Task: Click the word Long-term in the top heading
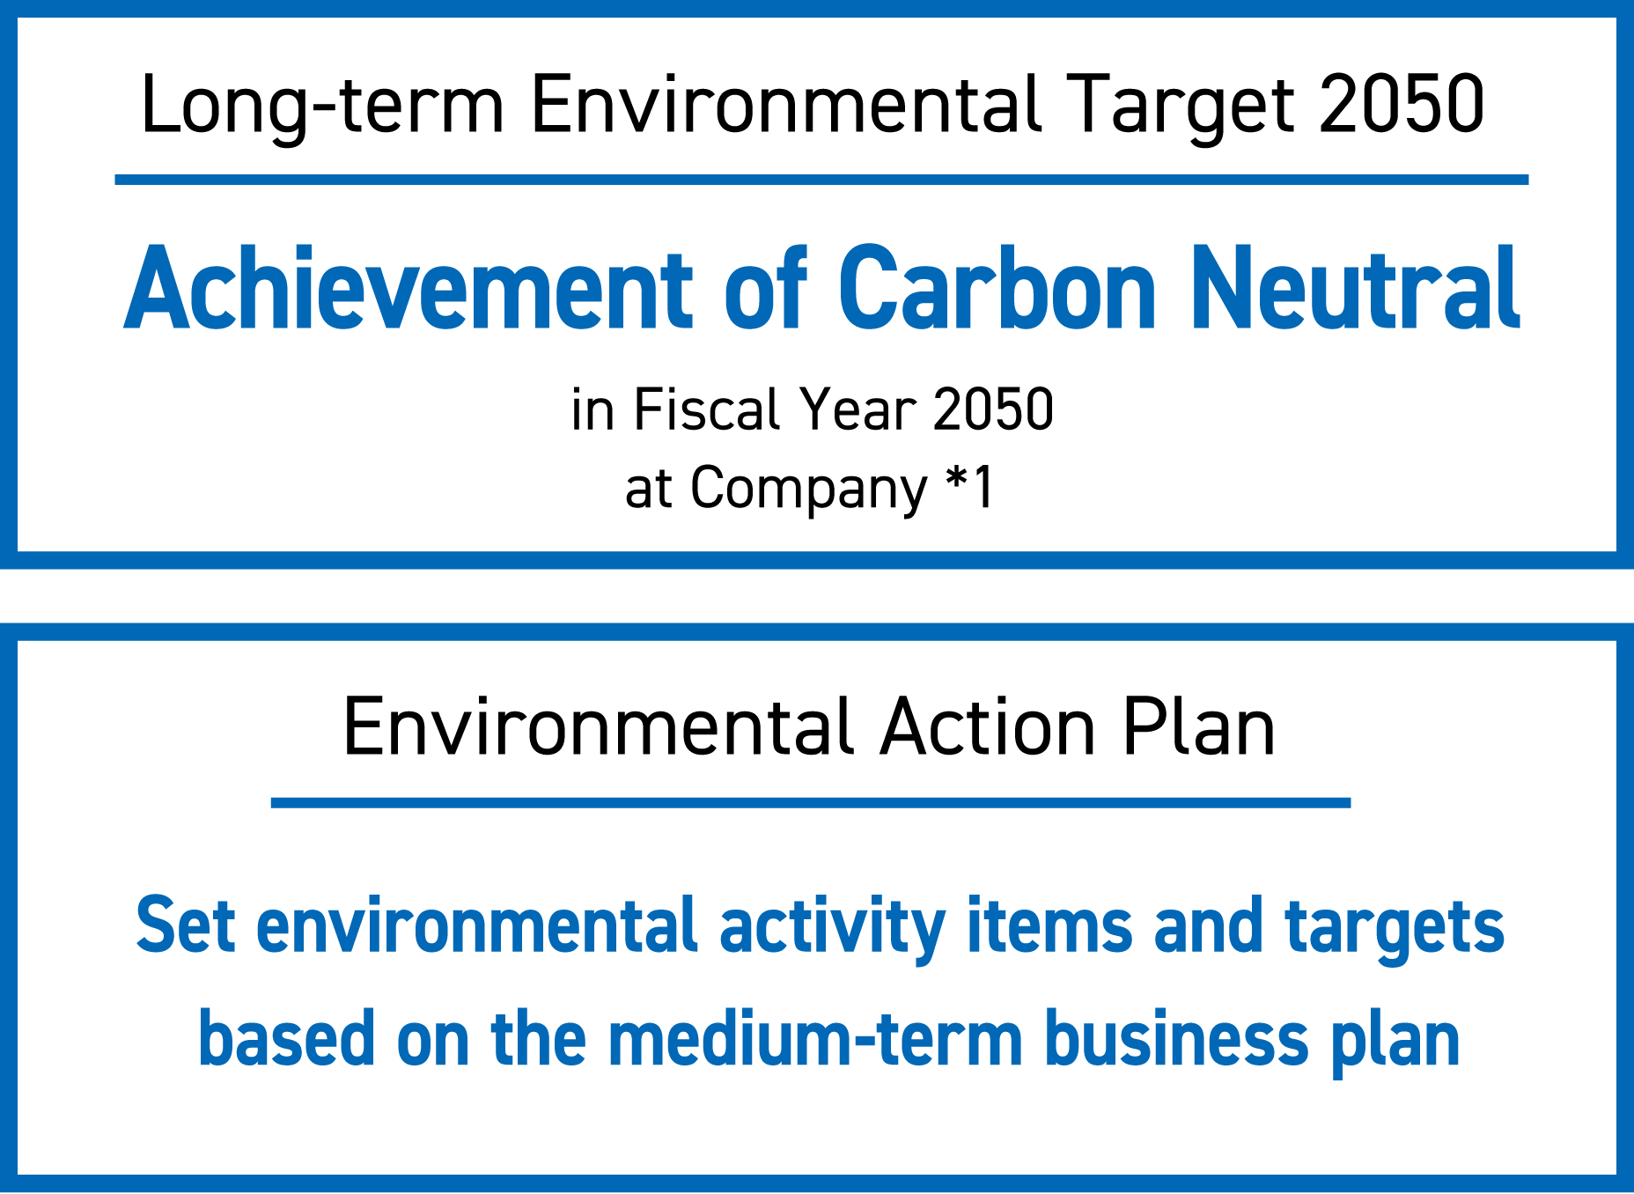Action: pyautogui.click(x=322, y=106)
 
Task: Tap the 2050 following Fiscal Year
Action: pyautogui.click(x=993, y=409)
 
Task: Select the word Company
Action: pyautogui.click(x=808, y=489)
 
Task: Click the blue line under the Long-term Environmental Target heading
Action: pyautogui.click(x=821, y=180)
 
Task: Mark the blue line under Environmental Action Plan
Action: pyautogui.click(x=810, y=802)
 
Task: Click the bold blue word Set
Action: pyautogui.click(x=186, y=925)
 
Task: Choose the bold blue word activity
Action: pyautogui.click(x=832, y=927)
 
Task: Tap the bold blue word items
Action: pyautogui.click(x=1049, y=925)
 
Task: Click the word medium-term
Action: pyautogui.click(x=815, y=1040)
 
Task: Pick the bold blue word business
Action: pyautogui.click(x=1176, y=1040)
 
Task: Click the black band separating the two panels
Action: pyautogui.click(x=817, y=596)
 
